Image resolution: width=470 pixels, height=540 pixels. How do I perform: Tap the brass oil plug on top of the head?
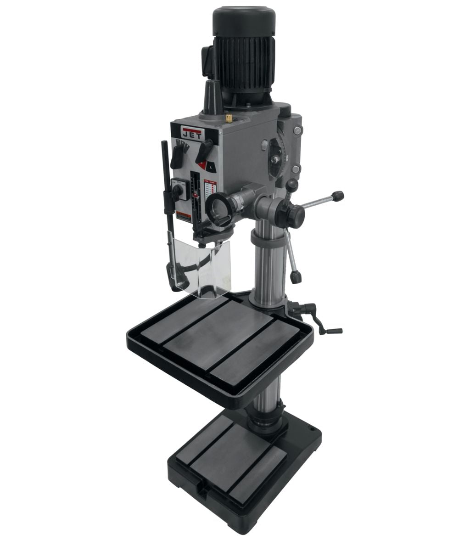pyautogui.click(x=229, y=118)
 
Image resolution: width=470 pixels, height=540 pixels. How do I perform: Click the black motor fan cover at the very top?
pyautogui.click(x=244, y=19)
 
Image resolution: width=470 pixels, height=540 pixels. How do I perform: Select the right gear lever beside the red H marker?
pyautogui.click(x=204, y=152)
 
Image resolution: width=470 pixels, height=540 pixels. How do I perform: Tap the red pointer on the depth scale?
pyautogui.click(x=196, y=195)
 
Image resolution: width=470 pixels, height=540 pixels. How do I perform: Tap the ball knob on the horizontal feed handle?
pyautogui.click(x=338, y=197)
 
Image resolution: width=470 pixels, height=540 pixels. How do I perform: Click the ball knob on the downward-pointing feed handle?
pyautogui.click(x=296, y=277)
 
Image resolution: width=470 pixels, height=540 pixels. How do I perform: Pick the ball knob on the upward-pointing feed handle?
pyautogui.click(x=292, y=185)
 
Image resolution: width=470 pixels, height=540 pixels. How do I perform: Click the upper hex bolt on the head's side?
pyautogui.click(x=298, y=131)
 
